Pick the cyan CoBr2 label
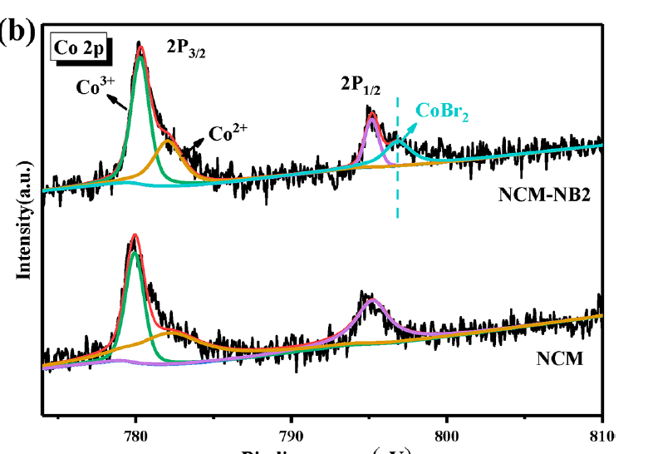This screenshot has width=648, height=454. tap(442, 112)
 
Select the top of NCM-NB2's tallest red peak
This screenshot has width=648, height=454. tap(140, 47)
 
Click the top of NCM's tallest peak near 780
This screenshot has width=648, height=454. tap(135, 236)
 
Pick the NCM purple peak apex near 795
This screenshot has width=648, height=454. tap(374, 299)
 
